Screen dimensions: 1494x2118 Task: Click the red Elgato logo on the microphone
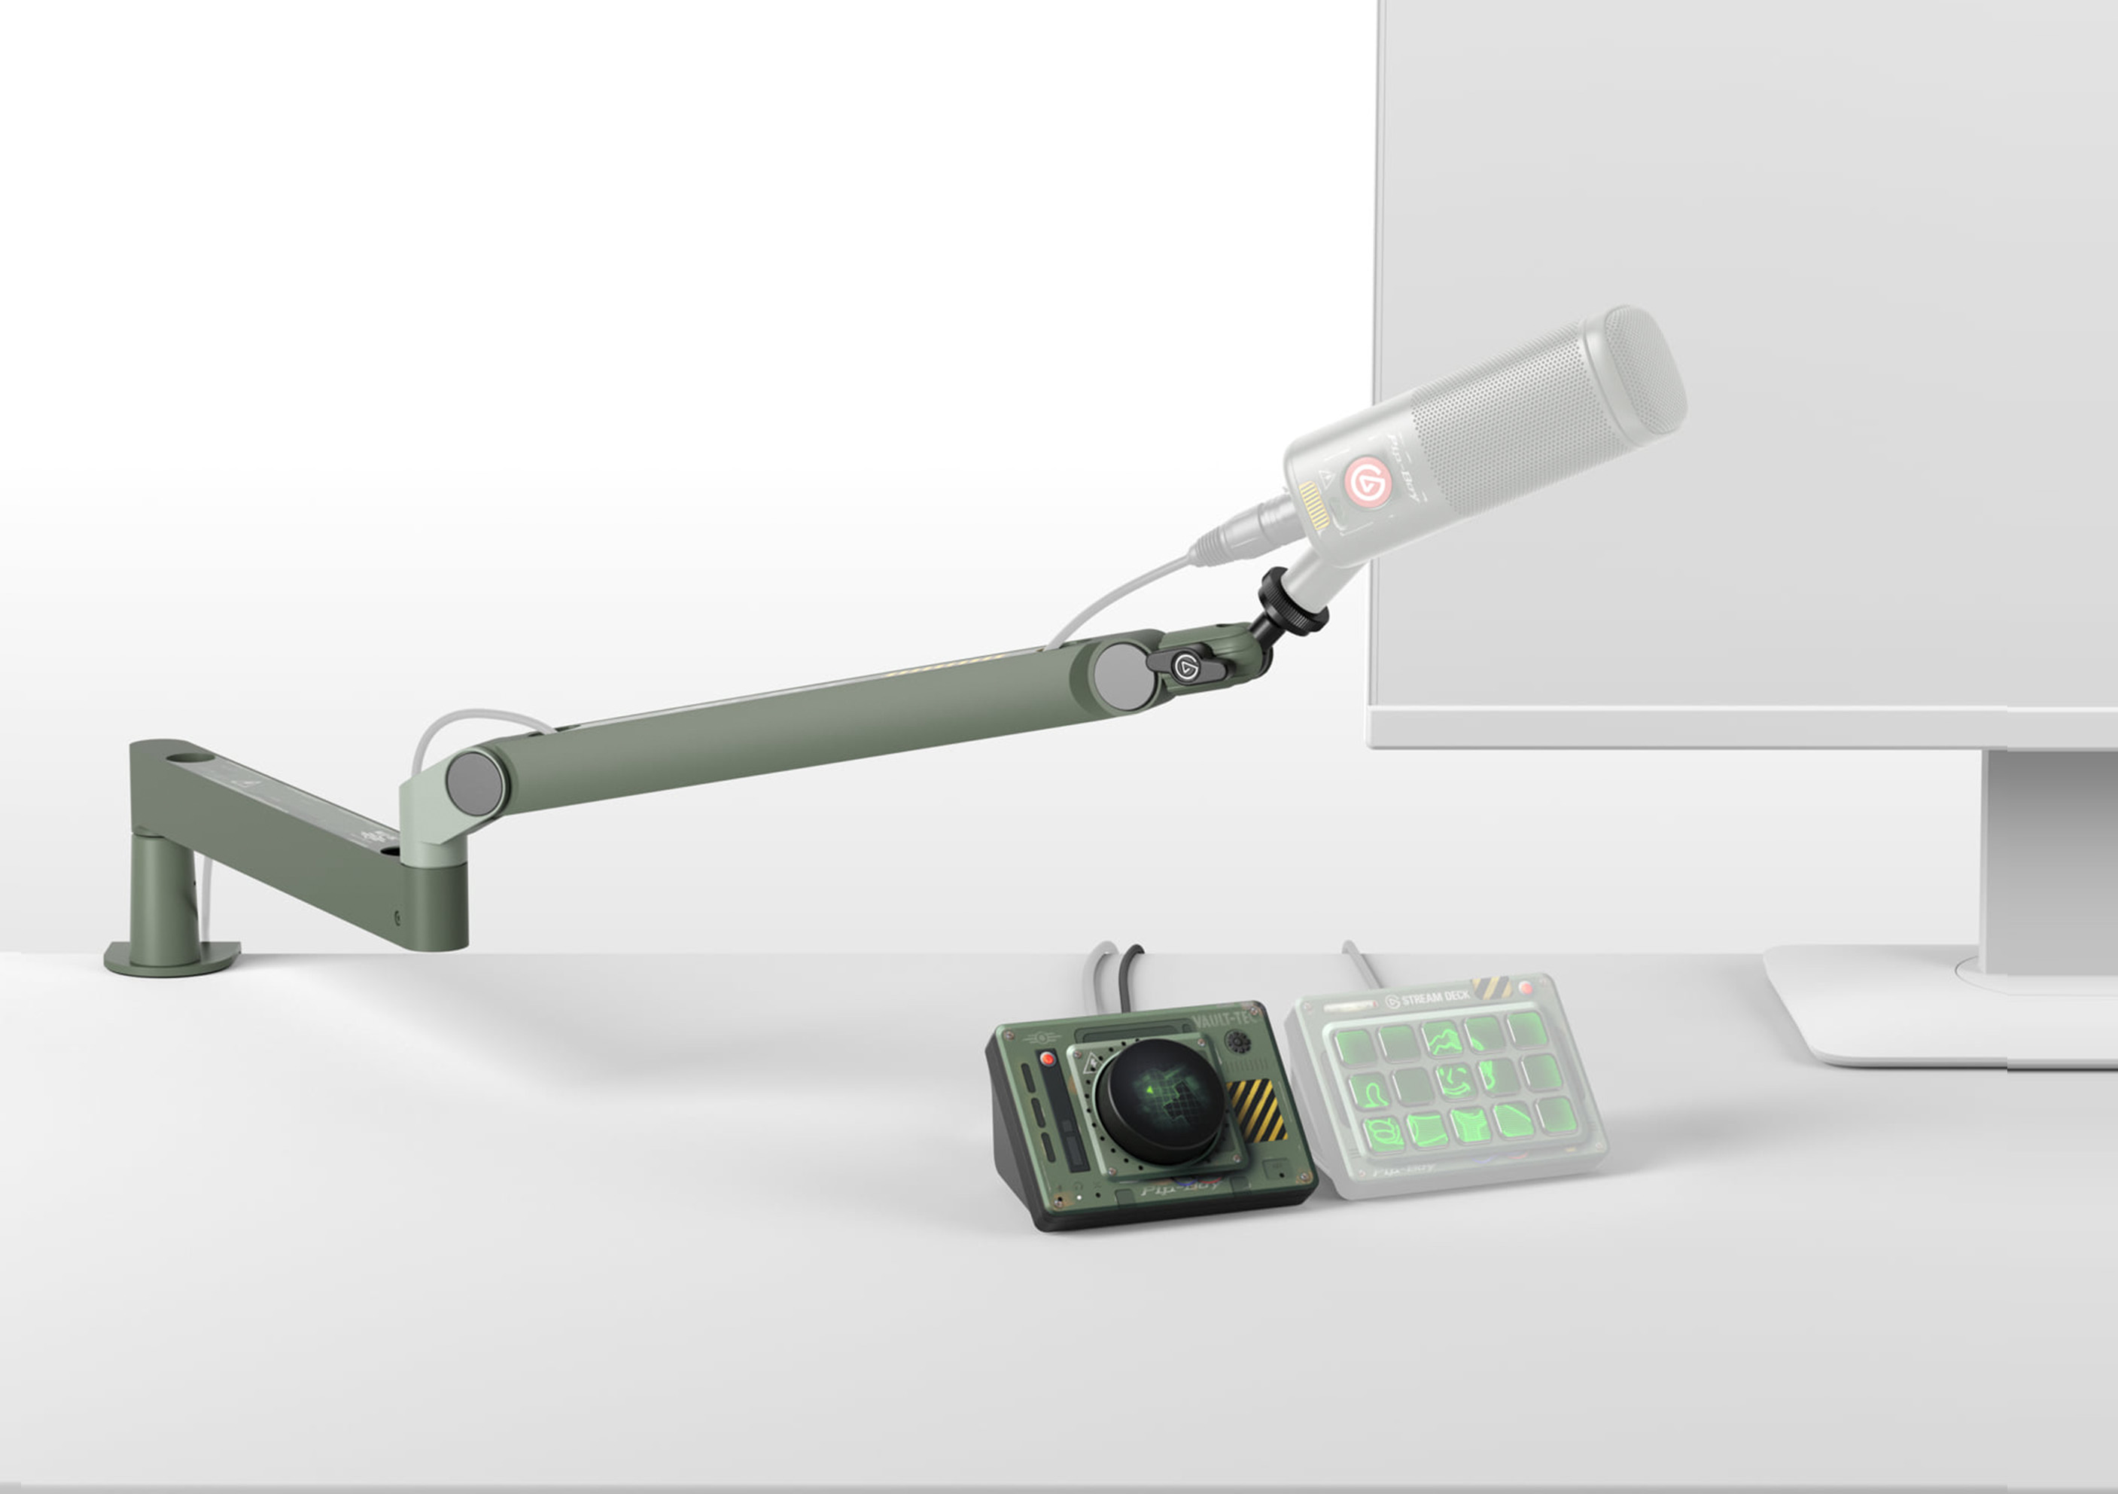click(1366, 480)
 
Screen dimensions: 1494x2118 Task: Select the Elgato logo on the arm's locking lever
click(1186, 666)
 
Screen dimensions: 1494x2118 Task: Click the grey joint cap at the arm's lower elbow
click(474, 782)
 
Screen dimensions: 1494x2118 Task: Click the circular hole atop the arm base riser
click(190, 757)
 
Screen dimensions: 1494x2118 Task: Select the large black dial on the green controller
click(1161, 1099)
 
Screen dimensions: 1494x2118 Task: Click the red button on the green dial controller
click(1047, 1060)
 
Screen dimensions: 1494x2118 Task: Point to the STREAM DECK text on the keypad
click(1435, 998)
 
